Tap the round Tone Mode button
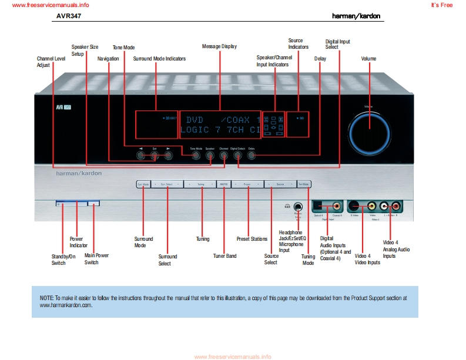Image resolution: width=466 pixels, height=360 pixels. (196, 156)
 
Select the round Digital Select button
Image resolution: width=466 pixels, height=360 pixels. (237, 156)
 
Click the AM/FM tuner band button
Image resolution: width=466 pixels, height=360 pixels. (224, 184)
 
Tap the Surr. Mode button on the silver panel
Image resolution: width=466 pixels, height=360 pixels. (143, 184)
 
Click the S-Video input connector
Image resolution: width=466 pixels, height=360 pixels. (355, 206)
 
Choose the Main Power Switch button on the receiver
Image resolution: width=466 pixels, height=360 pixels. (93, 203)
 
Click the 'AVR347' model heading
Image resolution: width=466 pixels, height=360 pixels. (68, 16)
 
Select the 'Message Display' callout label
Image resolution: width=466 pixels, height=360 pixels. (219, 46)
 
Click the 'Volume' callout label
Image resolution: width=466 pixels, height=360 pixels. (368, 59)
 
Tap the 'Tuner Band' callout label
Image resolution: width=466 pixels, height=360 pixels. (224, 256)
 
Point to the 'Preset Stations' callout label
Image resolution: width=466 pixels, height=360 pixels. (252, 239)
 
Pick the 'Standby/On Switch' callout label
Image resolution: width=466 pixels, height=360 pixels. (63, 260)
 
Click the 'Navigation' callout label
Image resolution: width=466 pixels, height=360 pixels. (108, 59)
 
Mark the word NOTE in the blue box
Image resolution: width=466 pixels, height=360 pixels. (46, 298)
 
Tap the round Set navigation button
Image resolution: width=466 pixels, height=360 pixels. (155, 156)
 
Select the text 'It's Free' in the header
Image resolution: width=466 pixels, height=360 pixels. (441, 5)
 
